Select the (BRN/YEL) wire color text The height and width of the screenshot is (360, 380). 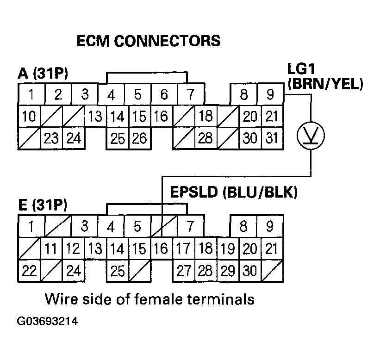325,84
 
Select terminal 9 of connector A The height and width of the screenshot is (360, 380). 270,95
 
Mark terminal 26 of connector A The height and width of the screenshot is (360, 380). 138,138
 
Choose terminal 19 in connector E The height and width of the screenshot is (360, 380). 226,248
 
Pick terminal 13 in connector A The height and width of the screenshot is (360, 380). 95,116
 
